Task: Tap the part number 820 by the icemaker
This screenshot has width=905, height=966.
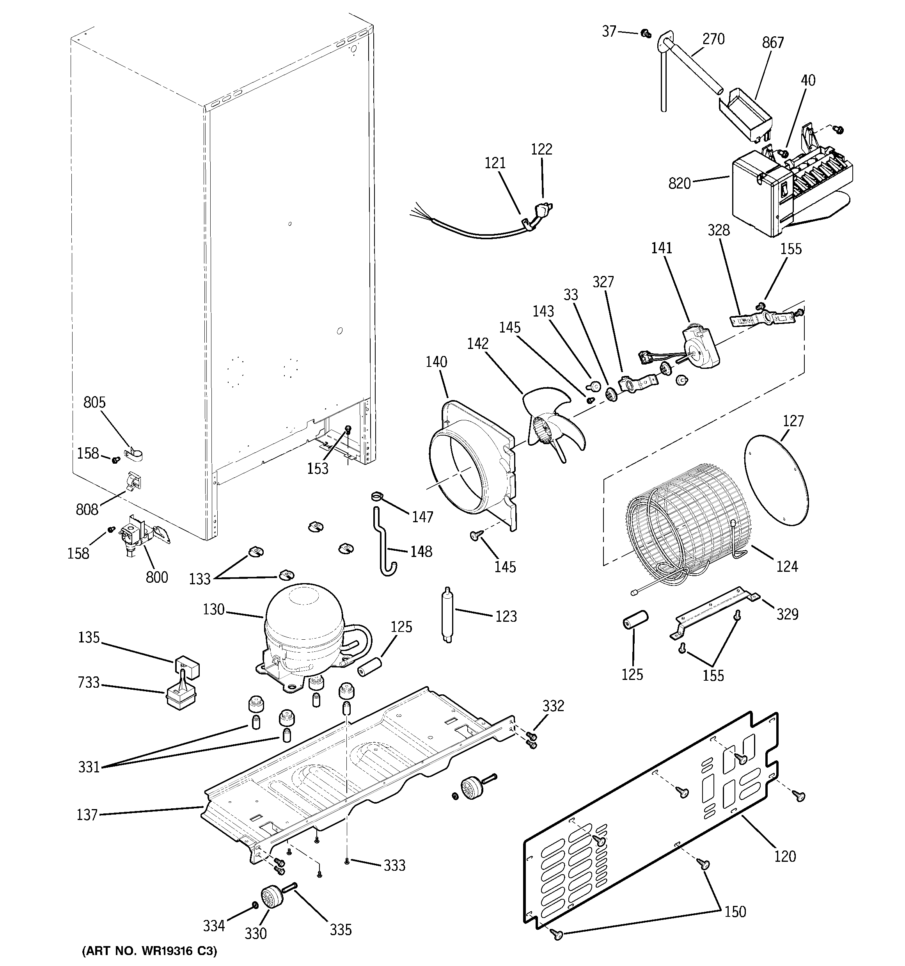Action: coord(679,184)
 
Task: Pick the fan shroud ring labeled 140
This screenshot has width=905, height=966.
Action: coord(466,466)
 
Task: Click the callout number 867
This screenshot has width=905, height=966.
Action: coord(772,43)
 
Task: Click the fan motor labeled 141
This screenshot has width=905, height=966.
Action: coord(699,347)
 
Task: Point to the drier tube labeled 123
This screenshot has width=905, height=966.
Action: coord(447,615)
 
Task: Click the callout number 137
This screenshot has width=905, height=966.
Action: coord(87,815)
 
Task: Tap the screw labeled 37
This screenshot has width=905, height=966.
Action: coord(646,34)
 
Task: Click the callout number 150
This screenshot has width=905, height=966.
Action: coord(735,912)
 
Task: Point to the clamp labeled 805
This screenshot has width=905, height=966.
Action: coord(133,455)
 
